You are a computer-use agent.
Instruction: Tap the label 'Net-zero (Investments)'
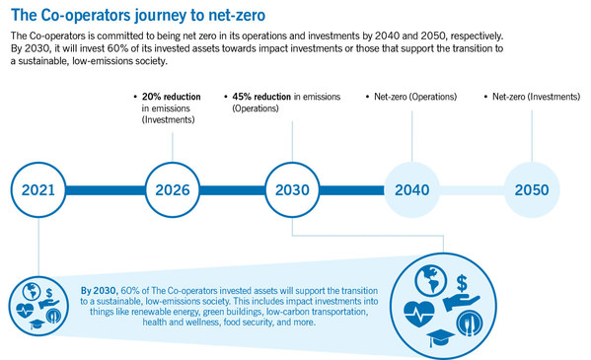tap(536, 97)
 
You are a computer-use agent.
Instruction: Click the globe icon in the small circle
tap(31, 291)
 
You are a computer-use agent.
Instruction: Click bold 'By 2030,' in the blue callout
tap(102, 290)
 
